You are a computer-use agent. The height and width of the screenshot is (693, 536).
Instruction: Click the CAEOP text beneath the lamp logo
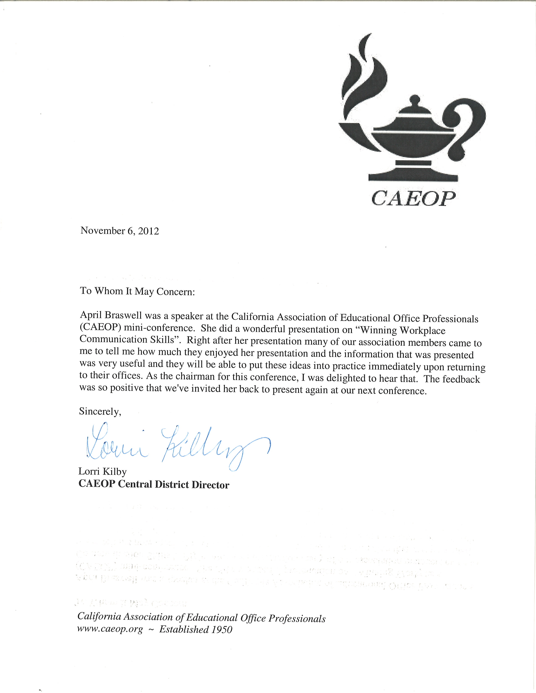pyautogui.click(x=413, y=199)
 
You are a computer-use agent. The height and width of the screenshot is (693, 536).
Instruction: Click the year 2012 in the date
pyautogui.click(x=148, y=231)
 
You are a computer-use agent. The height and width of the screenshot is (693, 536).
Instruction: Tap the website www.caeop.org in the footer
pyautogui.click(x=110, y=629)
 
